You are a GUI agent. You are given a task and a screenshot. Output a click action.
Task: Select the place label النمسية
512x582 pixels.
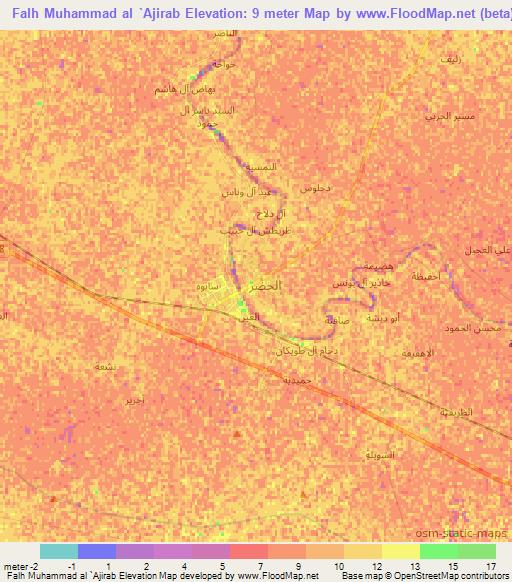tap(262, 166)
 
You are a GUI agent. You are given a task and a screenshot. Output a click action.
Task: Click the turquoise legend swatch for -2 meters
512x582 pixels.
tap(58, 551)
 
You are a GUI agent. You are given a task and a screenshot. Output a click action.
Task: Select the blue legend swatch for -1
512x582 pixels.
tap(96, 551)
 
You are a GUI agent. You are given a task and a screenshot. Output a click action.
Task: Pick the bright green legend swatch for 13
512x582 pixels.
tap(438, 551)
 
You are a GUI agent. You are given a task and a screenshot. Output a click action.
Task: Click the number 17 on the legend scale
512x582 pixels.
tap(489, 566)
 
